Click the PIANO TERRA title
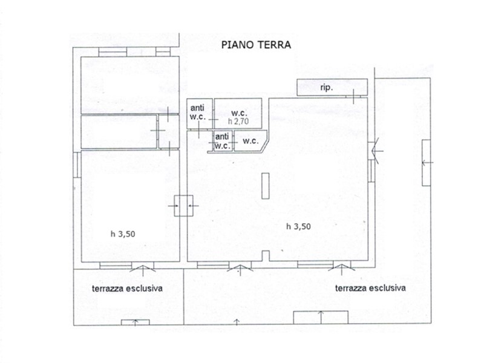coord(256,45)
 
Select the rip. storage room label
coord(326,88)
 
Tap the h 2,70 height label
coord(238,122)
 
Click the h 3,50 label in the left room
coord(123,234)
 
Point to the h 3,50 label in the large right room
coord(298,226)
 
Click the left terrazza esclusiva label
coord(127,289)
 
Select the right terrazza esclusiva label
coord(370,289)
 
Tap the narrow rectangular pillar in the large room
coord(265,186)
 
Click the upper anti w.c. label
coord(197,113)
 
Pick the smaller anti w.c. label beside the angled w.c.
coord(222,141)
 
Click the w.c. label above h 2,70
coord(239,113)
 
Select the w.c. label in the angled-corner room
coord(250,141)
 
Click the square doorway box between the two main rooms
coord(184,206)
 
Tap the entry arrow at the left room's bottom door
coord(143,269)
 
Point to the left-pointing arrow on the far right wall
coord(428,163)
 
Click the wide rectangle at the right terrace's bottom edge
coord(321,318)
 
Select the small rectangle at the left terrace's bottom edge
coord(135,322)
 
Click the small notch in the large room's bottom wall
coord(266,256)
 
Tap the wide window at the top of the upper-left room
coord(113,52)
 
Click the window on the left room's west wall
coord(77,165)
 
